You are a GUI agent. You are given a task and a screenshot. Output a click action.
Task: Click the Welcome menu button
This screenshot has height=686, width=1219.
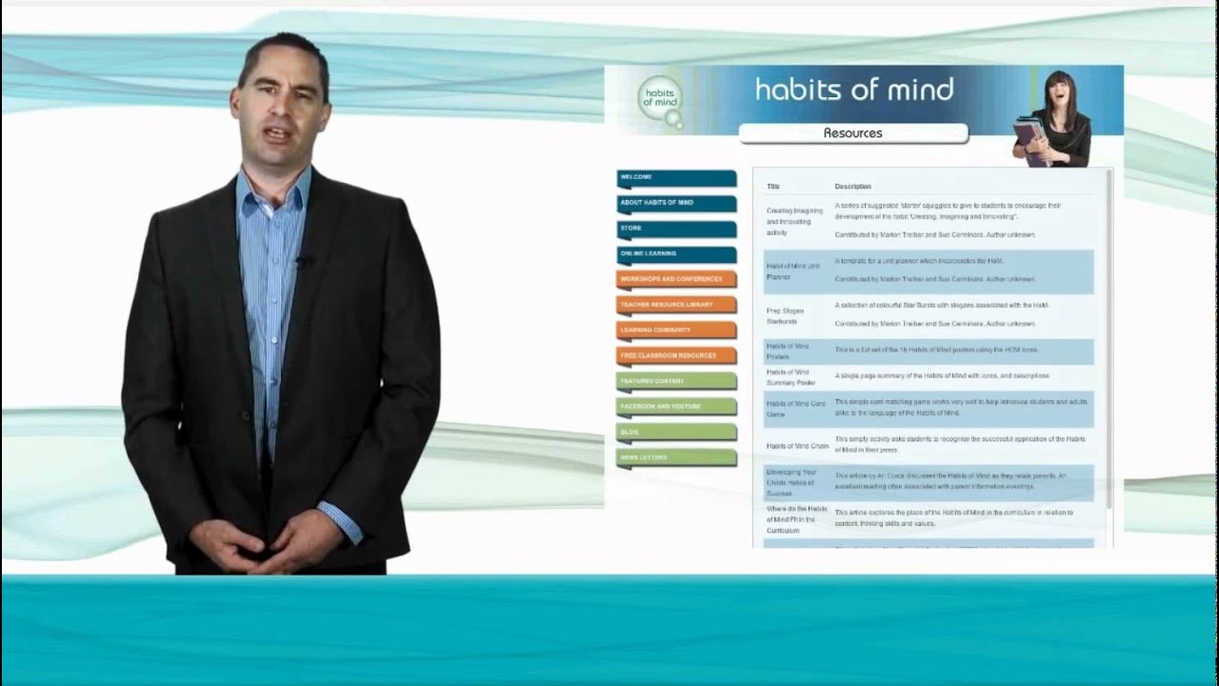click(x=676, y=177)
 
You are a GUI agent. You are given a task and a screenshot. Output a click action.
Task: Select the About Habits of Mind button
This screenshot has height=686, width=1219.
click(x=676, y=203)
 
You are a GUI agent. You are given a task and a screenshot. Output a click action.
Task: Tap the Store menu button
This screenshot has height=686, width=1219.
click(x=676, y=229)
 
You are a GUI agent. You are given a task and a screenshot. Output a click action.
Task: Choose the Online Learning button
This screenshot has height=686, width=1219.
click(x=676, y=254)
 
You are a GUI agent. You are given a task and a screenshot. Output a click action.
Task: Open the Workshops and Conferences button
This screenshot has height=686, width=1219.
click(x=676, y=279)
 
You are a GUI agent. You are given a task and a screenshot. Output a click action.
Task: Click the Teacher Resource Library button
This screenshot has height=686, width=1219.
click(x=676, y=305)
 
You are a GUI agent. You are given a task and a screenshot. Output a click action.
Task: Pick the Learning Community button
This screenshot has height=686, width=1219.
click(x=676, y=331)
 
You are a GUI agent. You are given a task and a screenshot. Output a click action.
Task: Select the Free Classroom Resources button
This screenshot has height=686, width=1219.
click(x=676, y=355)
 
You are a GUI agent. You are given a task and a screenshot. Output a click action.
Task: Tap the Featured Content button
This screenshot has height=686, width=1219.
click(x=676, y=381)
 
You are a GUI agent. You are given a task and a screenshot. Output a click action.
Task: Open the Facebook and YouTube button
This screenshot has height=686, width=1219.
click(x=676, y=407)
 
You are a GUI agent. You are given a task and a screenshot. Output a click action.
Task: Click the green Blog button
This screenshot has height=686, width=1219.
click(x=676, y=432)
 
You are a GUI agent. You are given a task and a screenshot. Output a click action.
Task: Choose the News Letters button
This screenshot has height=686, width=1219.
click(x=676, y=457)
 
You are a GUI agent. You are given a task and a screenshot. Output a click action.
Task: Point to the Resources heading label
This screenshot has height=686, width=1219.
click(x=852, y=133)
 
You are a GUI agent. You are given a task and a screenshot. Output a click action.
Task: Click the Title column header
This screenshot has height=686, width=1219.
click(x=773, y=187)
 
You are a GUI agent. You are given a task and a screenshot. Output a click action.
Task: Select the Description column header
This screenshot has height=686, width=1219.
click(x=852, y=187)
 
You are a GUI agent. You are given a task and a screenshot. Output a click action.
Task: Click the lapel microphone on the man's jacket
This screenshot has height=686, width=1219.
click(x=302, y=259)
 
